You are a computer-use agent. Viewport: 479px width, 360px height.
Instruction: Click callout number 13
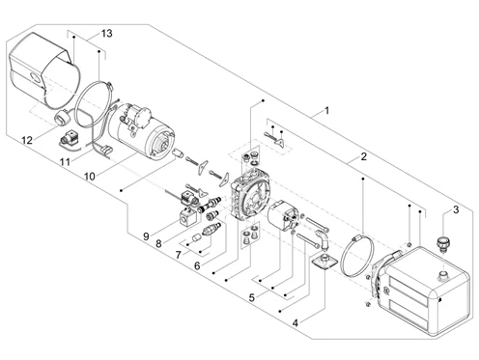107,33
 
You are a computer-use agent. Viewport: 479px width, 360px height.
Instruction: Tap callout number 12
27,140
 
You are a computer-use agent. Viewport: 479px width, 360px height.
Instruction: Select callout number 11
65,161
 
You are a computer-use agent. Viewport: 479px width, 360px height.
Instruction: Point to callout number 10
90,177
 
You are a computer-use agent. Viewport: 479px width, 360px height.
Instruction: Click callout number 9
146,236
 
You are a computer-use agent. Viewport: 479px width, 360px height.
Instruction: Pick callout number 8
158,244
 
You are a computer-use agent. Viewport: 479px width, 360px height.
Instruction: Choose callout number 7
179,255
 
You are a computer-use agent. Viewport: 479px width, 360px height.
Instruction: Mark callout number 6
197,265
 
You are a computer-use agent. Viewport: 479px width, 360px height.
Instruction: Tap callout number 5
252,297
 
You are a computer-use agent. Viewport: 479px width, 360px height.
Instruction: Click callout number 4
296,322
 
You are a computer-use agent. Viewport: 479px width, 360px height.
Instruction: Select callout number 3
456,209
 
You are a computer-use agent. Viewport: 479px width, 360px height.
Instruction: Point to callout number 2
364,156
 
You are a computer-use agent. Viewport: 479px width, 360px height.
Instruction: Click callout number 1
327,111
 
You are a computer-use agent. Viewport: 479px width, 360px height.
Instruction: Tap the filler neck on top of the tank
443,275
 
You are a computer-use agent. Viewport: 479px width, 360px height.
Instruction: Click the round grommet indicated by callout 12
62,117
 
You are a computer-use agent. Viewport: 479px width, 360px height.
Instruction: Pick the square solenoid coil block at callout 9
188,218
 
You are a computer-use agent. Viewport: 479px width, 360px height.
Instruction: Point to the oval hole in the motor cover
34,77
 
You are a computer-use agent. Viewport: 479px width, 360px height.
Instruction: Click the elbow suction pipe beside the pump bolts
323,238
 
